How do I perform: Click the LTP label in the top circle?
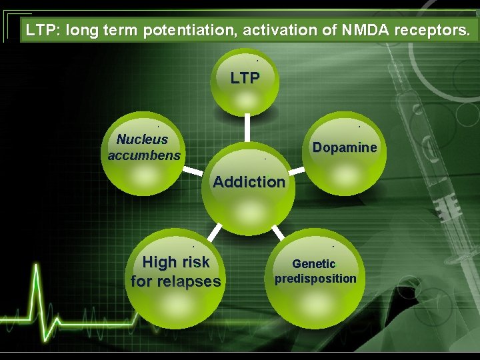(x=245, y=78)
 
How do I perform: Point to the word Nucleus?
(x=142, y=139)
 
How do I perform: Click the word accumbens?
(x=144, y=155)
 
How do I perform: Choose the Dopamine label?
(x=345, y=147)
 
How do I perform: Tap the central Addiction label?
(x=249, y=181)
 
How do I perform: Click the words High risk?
(x=176, y=262)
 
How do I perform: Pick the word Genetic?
(x=314, y=263)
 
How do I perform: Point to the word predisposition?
(x=315, y=279)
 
